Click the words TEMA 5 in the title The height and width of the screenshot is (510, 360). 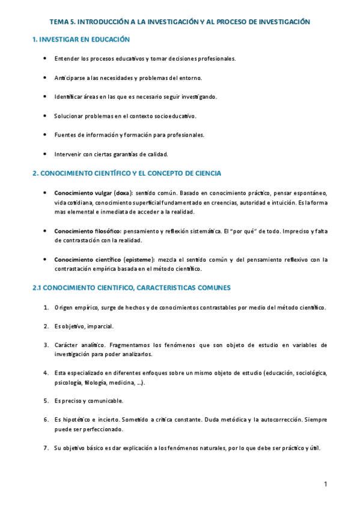point(62,21)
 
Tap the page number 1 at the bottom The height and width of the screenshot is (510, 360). point(325,485)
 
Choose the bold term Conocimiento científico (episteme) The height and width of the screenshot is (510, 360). point(104,260)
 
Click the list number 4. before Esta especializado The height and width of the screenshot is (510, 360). point(46,373)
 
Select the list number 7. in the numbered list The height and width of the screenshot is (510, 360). point(46,448)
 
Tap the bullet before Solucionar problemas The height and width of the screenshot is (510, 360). point(46,115)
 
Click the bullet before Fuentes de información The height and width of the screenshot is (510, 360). point(46,135)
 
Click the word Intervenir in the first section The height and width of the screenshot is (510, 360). point(67,154)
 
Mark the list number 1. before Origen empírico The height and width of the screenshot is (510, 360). point(46,307)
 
